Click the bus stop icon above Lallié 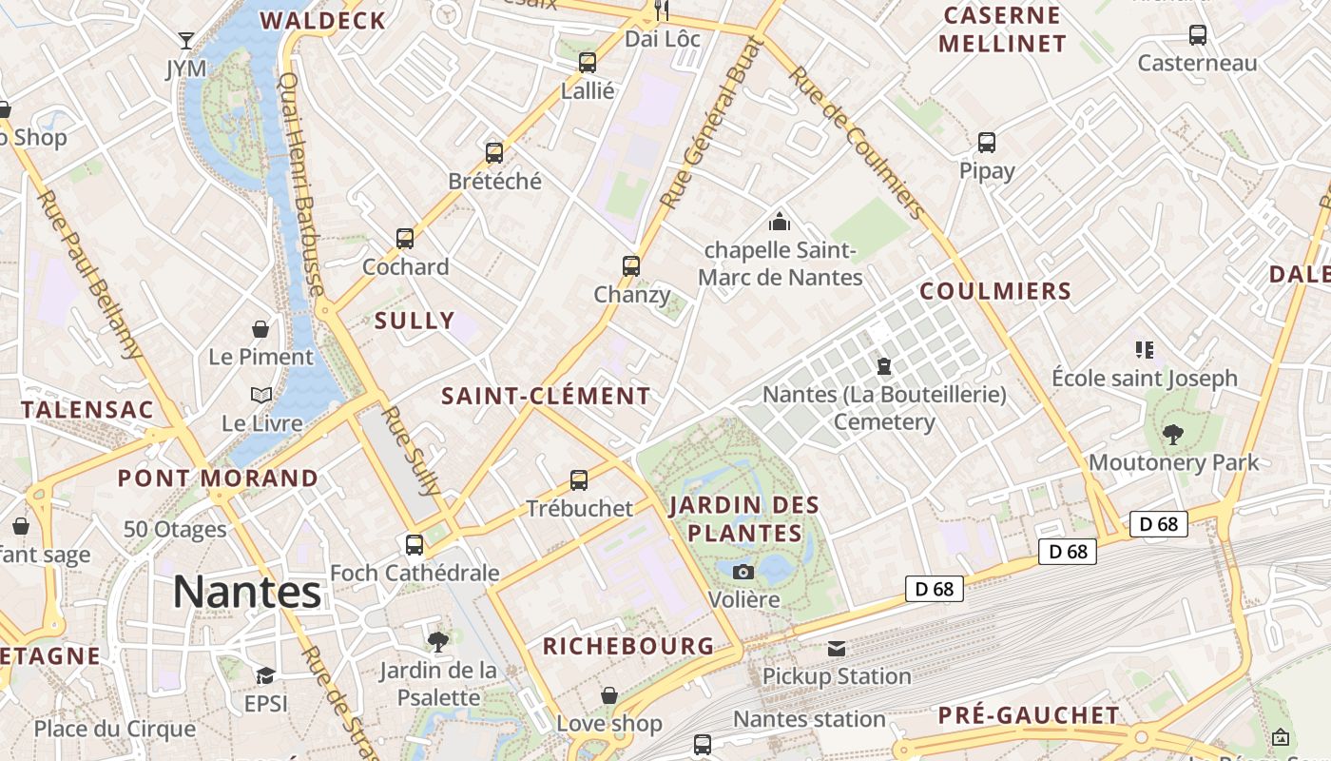click(588, 64)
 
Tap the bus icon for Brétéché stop click(494, 153)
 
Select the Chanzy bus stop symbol click(631, 266)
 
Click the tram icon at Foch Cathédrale click(415, 545)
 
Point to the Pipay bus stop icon click(987, 143)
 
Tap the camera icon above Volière click(743, 572)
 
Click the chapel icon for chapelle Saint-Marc click(780, 223)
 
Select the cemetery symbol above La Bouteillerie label click(884, 366)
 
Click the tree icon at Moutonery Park click(1173, 435)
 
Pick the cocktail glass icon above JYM click(186, 41)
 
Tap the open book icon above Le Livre click(261, 395)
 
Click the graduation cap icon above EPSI click(265, 675)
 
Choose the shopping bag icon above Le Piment click(260, 329)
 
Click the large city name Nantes click(247, 593)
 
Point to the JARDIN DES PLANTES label click(743, 518)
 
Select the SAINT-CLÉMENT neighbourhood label click(547, 396)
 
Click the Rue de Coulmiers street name click(857, 143)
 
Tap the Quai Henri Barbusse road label click(301, 185)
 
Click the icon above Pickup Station click(837, 649)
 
